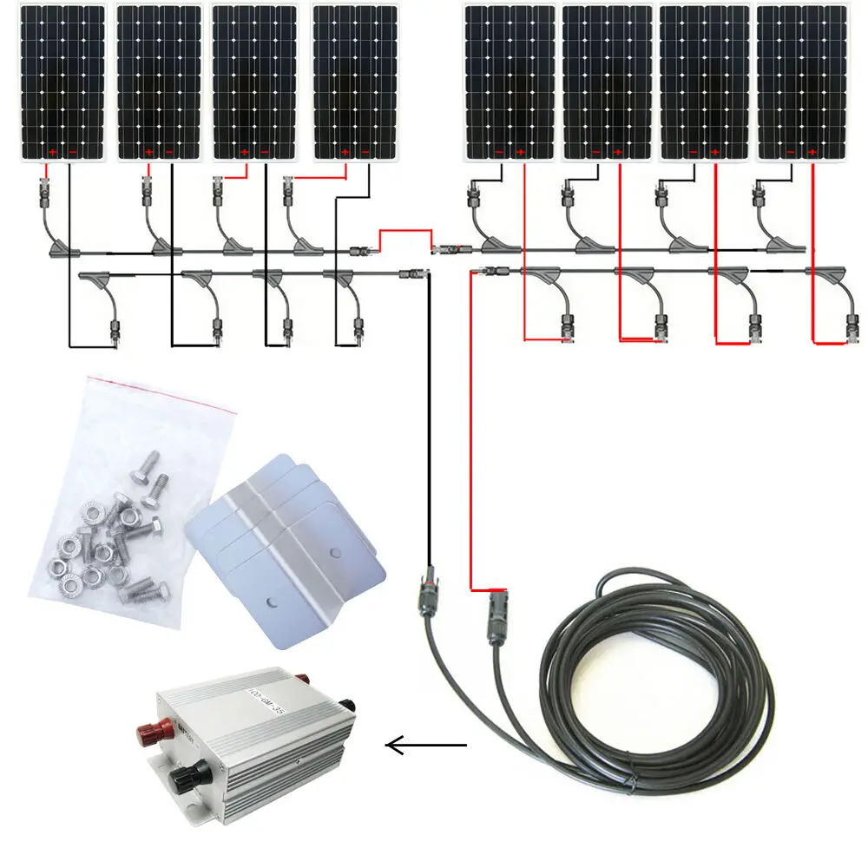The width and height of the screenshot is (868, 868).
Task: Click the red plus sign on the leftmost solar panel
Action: [x=52, y=153]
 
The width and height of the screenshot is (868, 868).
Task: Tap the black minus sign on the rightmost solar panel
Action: [x=792, y=153]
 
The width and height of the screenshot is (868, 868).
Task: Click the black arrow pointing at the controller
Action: [x=425, y=745]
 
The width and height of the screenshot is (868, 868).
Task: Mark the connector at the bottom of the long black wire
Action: [x=427, y=590]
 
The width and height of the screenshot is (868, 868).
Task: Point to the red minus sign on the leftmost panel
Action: [x=72, y=153]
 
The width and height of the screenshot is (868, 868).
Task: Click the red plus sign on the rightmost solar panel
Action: [x=812, y=153]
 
